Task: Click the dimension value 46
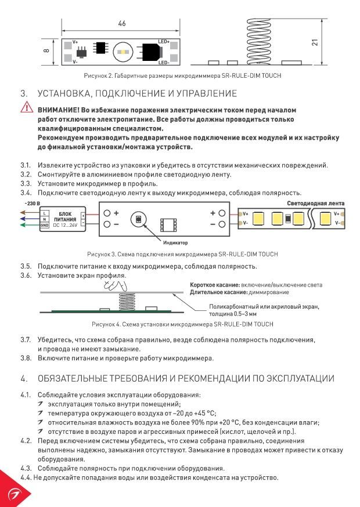click(x=122, y=23)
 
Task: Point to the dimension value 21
click(x=315, y=42)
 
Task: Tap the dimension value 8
click(x=46, y=51)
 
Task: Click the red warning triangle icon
click(x=27, y=107)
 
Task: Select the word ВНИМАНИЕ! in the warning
click(x=58, y=110)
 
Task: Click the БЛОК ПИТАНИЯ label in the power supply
click(x=65, y=216)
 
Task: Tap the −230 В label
click(x=32, y=204)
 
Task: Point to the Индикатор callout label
click(x=175, y=242)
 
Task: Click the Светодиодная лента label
click(x=316, y=204)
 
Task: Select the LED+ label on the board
click(x=164, y=42)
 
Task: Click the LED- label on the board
click(x=164, y=63)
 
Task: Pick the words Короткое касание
click(x=215, y=285)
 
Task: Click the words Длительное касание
click(x=219, y=292)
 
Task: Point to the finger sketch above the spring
click(x=115, y=285)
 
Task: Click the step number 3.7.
click(x=26, y=340)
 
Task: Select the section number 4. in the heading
click(x=24, y=379)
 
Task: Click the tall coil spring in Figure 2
click(x=258, y=41)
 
